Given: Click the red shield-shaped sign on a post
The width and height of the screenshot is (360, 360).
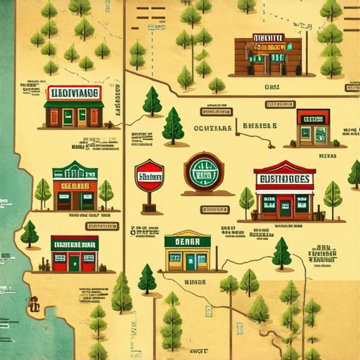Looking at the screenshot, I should (x=149, y=176).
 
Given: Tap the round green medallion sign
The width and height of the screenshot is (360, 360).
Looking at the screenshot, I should (x=204, y=172).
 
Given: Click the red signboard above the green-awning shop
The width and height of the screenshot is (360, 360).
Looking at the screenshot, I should (x=74, y=93).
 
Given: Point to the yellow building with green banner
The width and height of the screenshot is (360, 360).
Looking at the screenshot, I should (x=187, y=252).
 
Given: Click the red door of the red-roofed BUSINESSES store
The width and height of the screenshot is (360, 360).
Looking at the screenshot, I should (x=284, y=207).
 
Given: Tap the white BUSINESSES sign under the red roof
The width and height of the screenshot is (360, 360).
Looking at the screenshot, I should (x=284, y=179).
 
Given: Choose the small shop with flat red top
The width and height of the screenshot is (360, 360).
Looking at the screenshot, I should (x=312, y=127).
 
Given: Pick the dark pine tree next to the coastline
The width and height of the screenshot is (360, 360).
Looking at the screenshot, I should (x=30, y=233).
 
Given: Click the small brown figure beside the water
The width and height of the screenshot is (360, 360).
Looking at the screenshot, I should (x=34, y=304).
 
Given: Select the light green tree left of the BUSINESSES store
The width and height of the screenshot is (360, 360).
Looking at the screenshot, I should (x=247, y=200).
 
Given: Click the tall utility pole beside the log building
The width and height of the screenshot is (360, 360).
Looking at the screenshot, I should (x=307, y=49).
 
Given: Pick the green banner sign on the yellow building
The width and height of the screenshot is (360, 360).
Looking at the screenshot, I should (x=187, y=241).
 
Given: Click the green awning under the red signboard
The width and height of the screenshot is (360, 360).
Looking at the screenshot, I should (x=74, y=104).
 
